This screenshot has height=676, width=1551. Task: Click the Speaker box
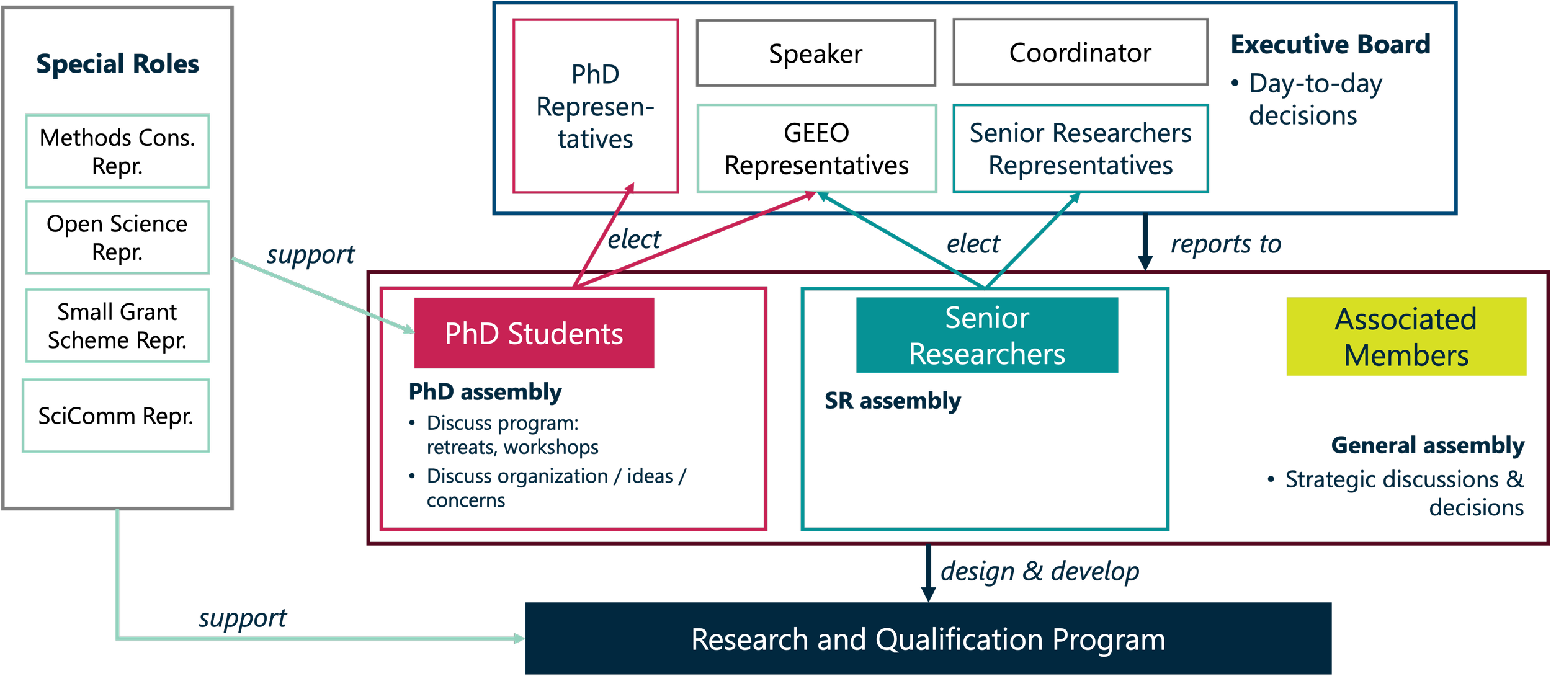click(x=815, y=53)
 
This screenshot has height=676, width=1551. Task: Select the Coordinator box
click(x=1080, y=53)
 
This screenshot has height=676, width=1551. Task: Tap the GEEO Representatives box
click(x=816, y=149)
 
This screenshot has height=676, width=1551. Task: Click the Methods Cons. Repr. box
click(x=117, y=151)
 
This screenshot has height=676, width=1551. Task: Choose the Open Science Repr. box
click(x=117, y=238)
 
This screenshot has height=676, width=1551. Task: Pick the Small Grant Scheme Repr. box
click(x=117, y=326)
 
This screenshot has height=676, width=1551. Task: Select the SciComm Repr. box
click(x=116, y=416)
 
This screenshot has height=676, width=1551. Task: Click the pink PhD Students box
click(x=534, y=333)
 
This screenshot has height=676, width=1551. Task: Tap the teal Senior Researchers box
click(x=986, y=336)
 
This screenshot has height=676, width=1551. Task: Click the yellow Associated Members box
click(x=1406, y=337)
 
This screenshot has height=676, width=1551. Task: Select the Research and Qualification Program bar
click(x=928, y=639)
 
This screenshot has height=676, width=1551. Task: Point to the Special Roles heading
click(x=117, y=64)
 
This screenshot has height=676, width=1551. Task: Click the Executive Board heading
click(x=1330, y=45)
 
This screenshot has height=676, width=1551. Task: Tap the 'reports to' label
click(x=1225, y=244)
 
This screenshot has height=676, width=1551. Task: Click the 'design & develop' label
click(x=1040, y=571)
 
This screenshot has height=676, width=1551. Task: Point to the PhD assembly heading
click(x=485, y=392)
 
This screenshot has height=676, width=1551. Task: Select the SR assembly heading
click(x=892, y=401)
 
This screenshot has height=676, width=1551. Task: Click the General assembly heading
click(x=1427, y=445)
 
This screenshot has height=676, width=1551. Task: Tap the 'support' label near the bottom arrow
click(x=243, y=618)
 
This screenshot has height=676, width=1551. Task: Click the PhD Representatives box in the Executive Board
click(x=596, y=107)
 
